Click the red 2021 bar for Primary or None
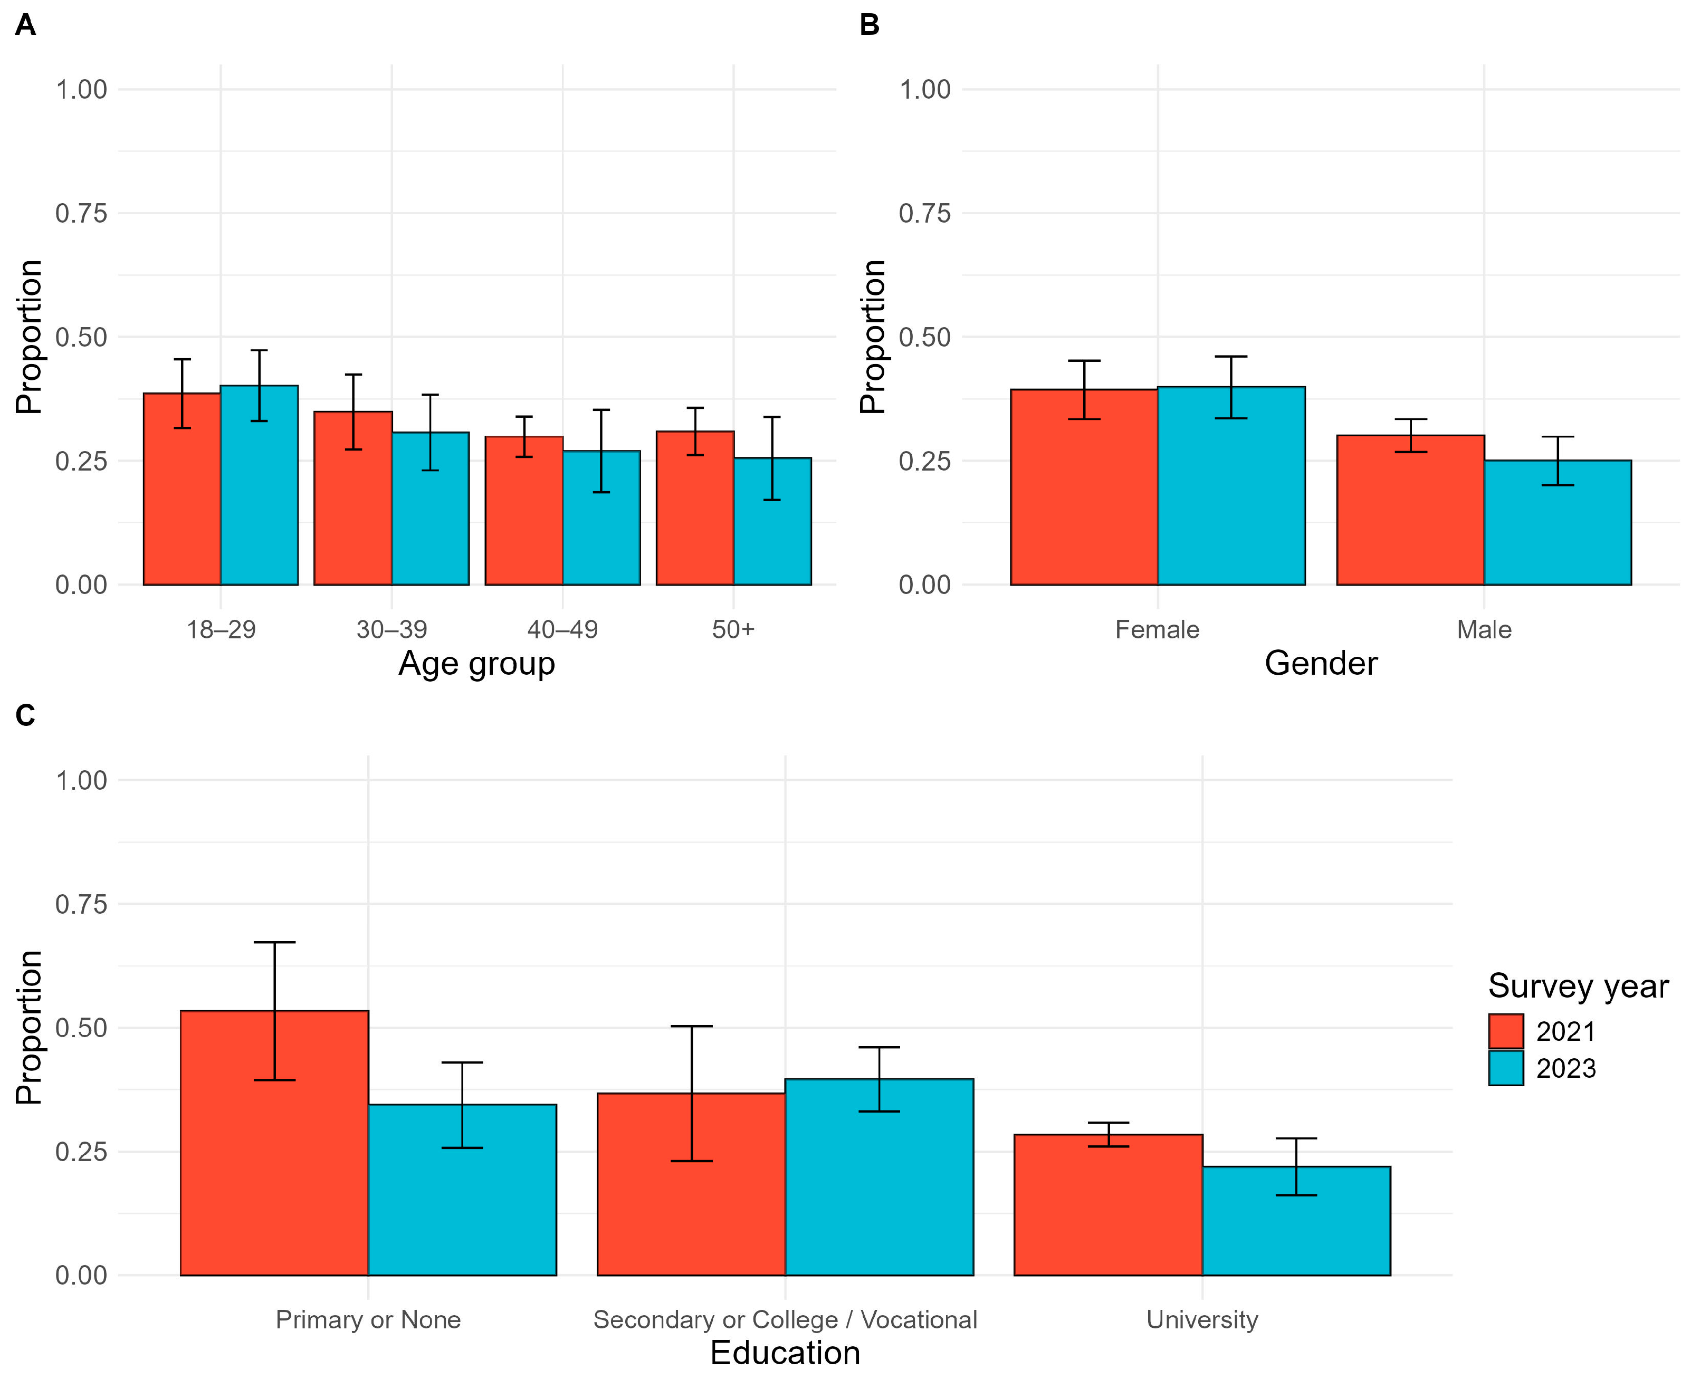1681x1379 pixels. (x=274, y=1143)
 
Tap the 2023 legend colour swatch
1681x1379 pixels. (x=1505, y=1068)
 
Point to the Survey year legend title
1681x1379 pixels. (x=1578, y=987)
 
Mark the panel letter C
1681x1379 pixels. (x=25, y=716)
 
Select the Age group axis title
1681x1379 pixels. (x=476, y=663)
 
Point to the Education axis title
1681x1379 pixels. (x=785, y=1353)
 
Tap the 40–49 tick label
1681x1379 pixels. (x=562, y=630)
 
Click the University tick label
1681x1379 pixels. (x=1202, y=1319)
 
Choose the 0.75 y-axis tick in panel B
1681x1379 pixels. (x=925, y=213)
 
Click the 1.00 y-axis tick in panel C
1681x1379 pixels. (x=81, y=780)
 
